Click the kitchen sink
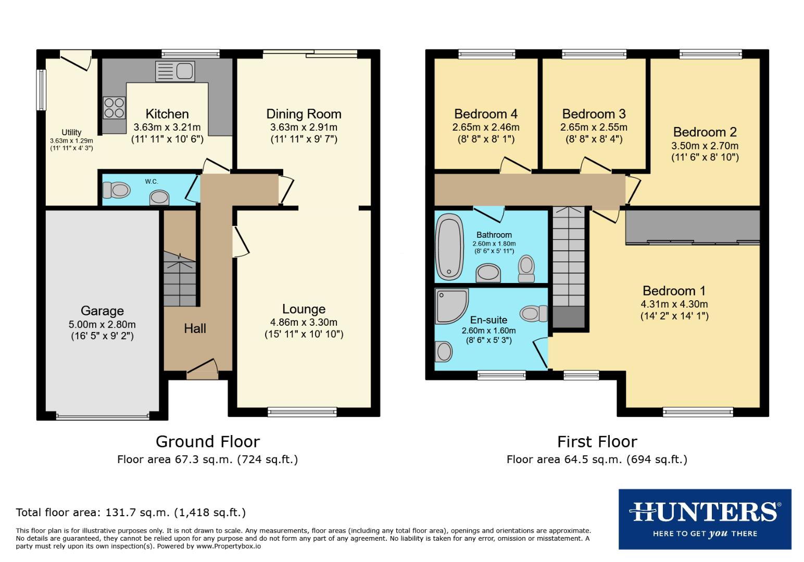[x=175, y=71]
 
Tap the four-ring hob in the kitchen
[x=114, y=108]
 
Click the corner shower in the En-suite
[x=451, y=305]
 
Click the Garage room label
[x=102, y=311]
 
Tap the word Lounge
[x=304, y=309]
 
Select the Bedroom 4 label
[x=485, y=113]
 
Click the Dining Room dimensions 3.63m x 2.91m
[x=304, y=127]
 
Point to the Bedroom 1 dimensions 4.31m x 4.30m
[x=674, y=304]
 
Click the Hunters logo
[x=705, y=519]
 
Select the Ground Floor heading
[x=208, y=441]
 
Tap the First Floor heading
[x=597, y=441]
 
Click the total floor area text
[x=131, y=512]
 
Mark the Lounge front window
[x=302, y=412]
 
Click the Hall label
[x=195, y=328]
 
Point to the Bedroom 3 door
[x=595, y=164]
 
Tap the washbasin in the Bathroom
[x=488, y=272]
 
